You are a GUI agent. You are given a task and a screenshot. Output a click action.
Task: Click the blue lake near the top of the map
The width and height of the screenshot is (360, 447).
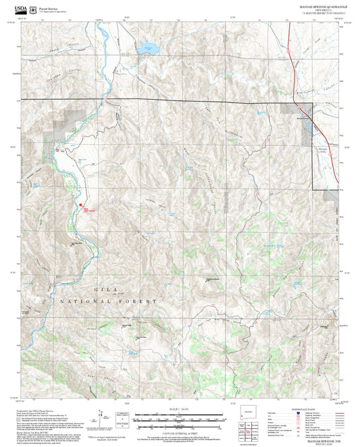(x=145, y=49)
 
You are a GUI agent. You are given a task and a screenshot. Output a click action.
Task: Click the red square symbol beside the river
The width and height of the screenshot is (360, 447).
(x=81, y=205)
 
